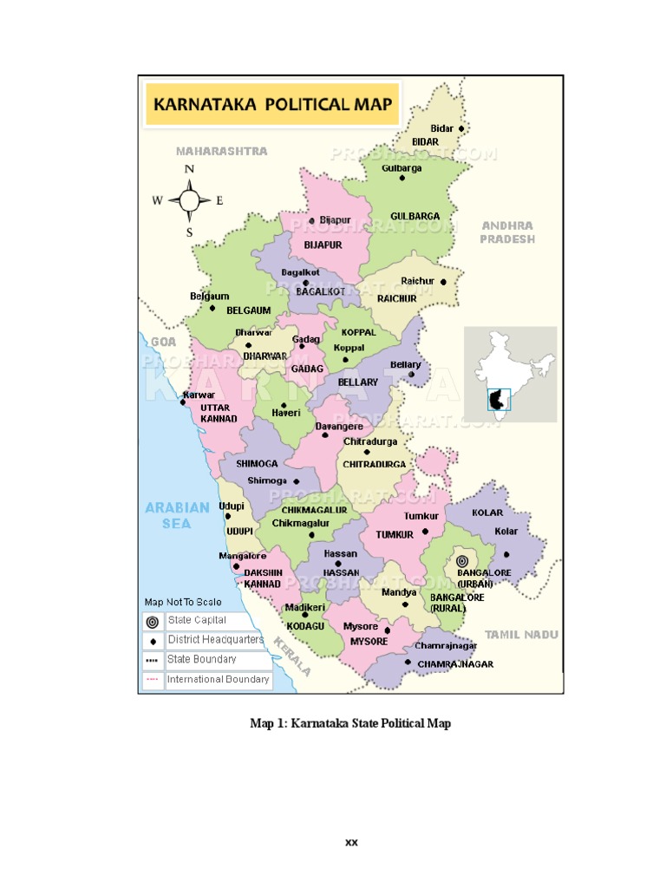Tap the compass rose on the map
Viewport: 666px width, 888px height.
pyautogui.click(x=189, y=200)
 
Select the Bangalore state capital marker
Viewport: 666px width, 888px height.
pyautogui.click(x=461, y=561)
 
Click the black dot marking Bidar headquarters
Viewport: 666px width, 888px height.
pyautogui.click(x=461, y=128)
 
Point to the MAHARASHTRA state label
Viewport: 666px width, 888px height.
pyautogui.click(x=222, y=151)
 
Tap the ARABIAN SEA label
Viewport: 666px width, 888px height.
pyautogui.click(x=177, y=515)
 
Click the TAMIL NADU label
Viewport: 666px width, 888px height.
pyautogui.click(x=521, y=635)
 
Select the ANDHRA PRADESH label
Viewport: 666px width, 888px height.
pyautogui.click(x=508, y=232)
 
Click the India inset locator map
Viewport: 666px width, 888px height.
pyautogui.click(x=509, y=374)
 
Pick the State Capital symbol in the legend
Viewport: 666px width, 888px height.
pyautogui.click(x=153, y=621)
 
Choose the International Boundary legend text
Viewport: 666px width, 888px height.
pyautogui.click(x=218, y=680)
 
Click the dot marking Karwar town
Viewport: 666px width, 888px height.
pyautogui.click(x=183, y=402)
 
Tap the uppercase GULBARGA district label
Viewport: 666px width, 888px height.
pyautogui.click(x=415, y=216)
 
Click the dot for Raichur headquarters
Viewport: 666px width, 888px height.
pyautogui.click(x=443, y=282)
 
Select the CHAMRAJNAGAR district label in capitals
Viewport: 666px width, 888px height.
pyautogui.click(x=455, y=664)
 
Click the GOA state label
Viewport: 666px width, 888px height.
pyautogui.click(x=163, y=343)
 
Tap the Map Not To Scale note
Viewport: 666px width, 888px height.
pyautogui.click(x=182, y=602)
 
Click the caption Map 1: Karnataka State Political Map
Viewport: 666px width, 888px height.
pyautogui.click(x=350, y=723)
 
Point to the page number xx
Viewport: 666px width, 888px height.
pyautogui.click(x=351, y=842)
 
